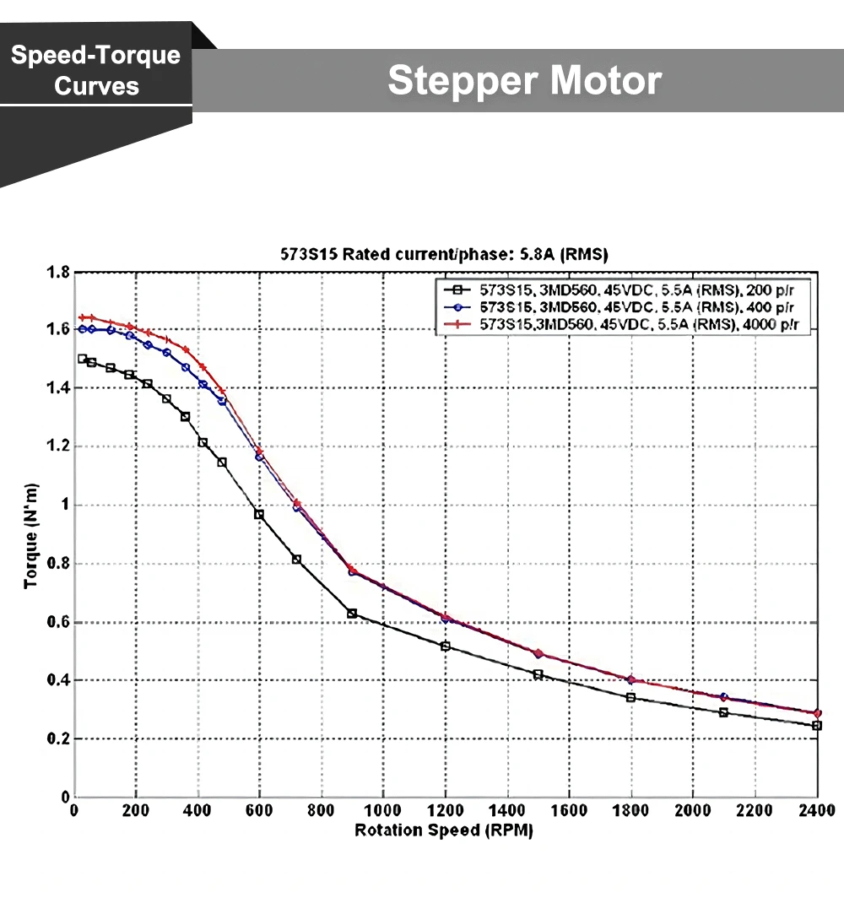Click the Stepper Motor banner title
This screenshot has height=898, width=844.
pos(524,81)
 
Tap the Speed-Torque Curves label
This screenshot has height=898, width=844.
pos(96,70)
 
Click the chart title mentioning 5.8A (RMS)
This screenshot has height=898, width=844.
pos(445,254)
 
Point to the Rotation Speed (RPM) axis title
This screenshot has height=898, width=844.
pos(444,830)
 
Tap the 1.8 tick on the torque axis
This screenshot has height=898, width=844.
pos(58,273)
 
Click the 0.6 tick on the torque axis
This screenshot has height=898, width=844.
pos(58,623)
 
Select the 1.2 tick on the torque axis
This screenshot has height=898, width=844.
pos(58,447)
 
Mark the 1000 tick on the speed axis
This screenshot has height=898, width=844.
pos(383,811)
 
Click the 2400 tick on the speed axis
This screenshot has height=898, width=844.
pos(816,811)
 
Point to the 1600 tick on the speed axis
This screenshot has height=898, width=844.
pos(569,811)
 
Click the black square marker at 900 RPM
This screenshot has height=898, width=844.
pos(352,614)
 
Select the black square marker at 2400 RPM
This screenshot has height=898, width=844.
pos(816,726)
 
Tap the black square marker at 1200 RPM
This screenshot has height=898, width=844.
pos(445,646)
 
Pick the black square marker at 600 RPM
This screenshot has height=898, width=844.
pos(259,514)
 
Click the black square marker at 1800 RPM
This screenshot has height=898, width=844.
pos(630,697)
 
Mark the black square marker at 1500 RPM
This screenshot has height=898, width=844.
pos(538,674)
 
